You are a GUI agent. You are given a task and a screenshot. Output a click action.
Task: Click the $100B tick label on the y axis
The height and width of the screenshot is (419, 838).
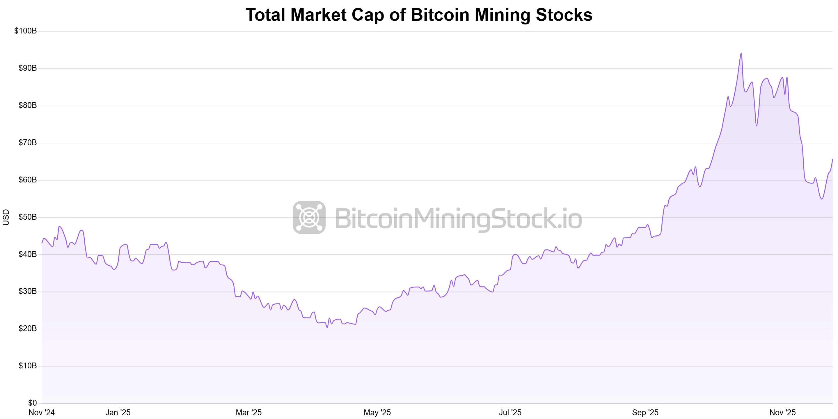pos(25,31)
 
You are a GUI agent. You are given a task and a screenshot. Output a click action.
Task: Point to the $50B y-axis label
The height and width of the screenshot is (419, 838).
pos(28,217)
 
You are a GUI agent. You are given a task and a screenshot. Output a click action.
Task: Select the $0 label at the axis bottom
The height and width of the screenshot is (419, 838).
pos(33,403)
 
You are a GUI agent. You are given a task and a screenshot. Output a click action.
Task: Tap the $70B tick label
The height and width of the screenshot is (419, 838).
pos(28,143)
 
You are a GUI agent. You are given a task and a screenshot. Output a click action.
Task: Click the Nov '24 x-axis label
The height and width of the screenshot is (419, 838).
pos(42,413)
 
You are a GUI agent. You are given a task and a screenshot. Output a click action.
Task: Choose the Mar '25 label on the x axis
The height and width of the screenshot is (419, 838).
pos(248,413)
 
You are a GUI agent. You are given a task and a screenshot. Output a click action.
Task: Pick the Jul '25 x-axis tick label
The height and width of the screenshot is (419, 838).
pos(510,413)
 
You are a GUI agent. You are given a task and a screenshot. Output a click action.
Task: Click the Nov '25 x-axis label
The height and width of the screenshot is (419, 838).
pos(782,413)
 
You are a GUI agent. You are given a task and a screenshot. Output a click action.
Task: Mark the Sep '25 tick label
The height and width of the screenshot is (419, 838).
pos(645,413)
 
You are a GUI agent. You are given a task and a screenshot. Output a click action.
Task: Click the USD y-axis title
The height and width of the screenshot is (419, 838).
pos(6,217)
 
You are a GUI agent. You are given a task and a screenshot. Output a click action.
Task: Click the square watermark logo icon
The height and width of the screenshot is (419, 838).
pos(309,217)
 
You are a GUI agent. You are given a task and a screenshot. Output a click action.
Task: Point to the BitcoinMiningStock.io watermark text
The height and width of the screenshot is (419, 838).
pos(458,219)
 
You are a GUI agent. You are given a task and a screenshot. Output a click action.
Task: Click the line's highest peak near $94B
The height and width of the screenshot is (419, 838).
pos(741,53)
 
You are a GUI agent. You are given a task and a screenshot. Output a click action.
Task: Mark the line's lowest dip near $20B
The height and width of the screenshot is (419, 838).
pos(327,327)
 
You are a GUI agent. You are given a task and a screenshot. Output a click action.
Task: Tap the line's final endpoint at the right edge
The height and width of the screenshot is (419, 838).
pos(832,159)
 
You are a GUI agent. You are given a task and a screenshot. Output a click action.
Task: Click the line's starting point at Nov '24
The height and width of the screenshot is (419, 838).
pos(42,243)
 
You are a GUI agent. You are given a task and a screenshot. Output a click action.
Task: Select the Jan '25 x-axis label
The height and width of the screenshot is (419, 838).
pos(118,413)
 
